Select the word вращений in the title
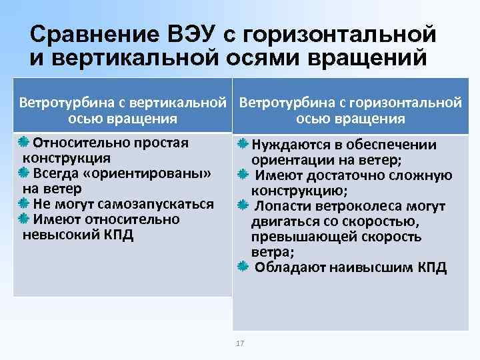point(366,57)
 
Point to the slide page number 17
point(240,343)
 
